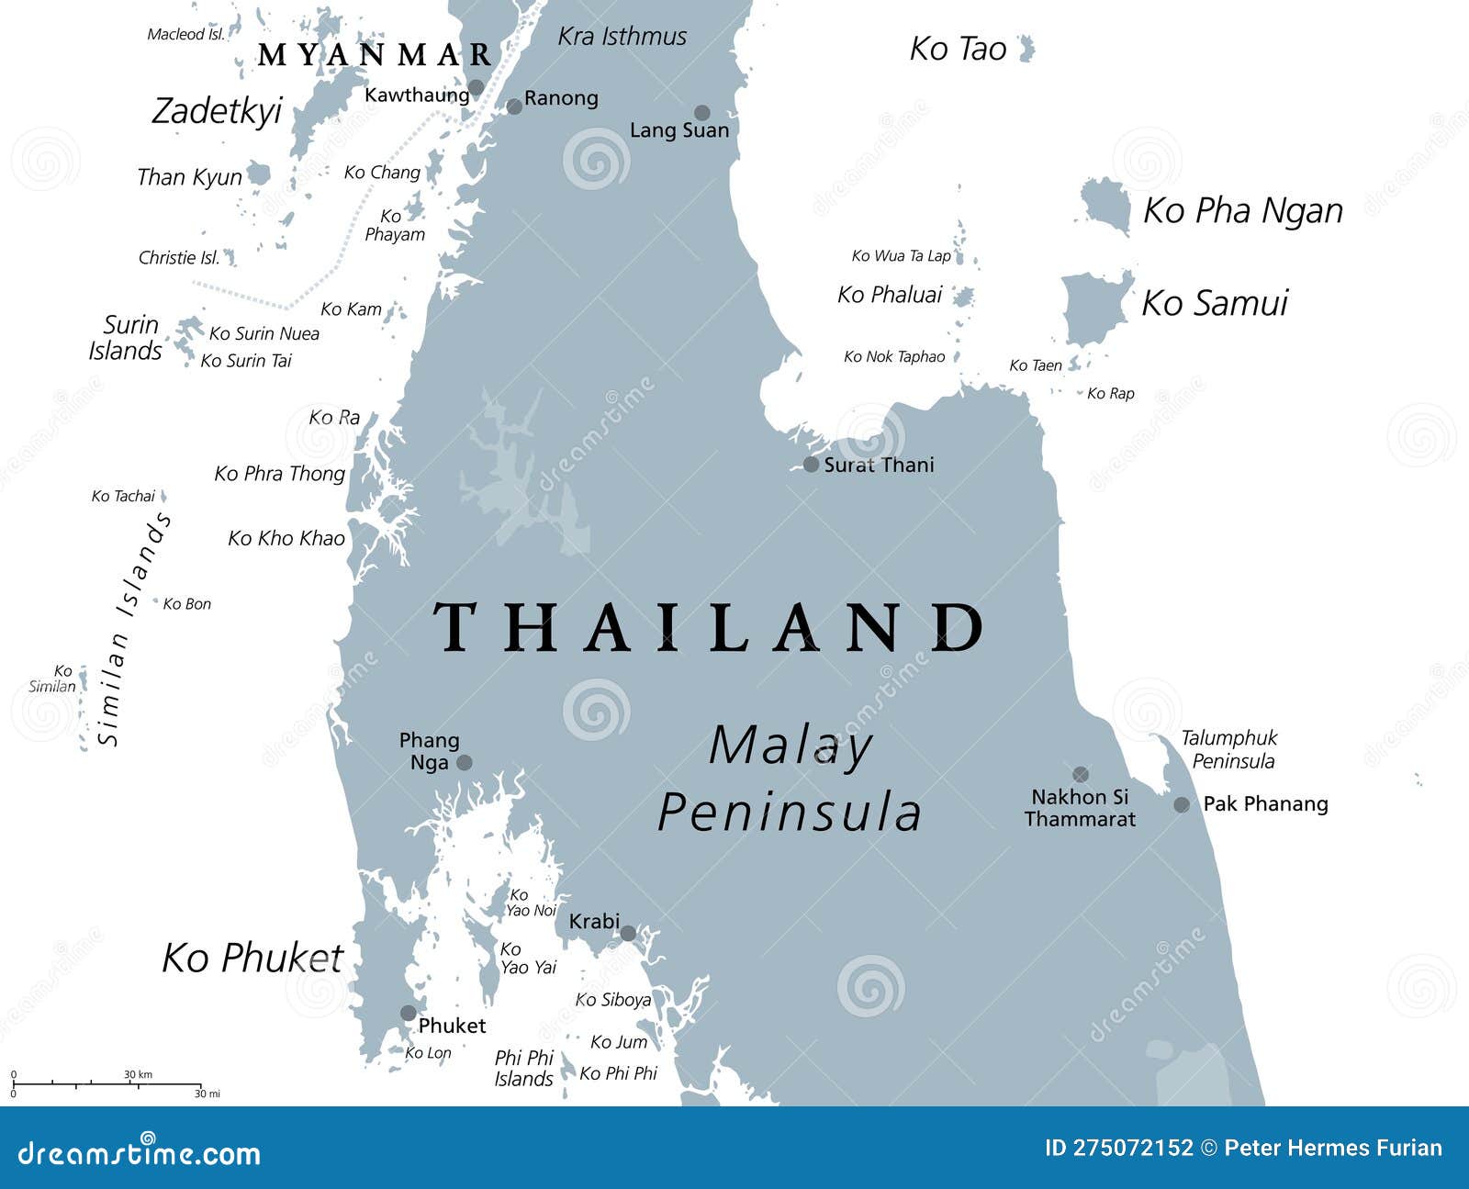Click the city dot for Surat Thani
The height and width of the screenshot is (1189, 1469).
coord(811,465)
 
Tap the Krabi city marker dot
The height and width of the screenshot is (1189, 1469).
coord(628,934)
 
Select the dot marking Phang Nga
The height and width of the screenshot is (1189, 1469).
coord(465,762)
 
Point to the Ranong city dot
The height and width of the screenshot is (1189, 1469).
coord(514,107)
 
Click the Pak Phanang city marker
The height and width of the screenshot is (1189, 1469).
coord(1182,805)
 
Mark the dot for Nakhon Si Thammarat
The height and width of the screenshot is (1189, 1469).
coord(1081,774)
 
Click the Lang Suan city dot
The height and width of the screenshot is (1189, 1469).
coord(701,113)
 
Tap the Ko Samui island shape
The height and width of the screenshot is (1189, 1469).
coord(1093,308)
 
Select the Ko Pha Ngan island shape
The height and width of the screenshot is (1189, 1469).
coord(1105,205)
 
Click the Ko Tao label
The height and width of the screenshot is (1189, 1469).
coord(958,49)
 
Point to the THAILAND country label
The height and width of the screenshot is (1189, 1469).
coord(709,628)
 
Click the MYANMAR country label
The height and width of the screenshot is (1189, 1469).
coord(376,55)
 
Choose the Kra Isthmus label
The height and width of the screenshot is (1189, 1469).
coord(622,37)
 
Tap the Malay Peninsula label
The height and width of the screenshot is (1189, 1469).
coord(790,779)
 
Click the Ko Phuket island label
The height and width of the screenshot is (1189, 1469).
coord(252,958)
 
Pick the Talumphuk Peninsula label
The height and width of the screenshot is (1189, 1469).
coord(1229,749)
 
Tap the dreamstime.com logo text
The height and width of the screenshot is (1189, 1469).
coord(140,1153)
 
